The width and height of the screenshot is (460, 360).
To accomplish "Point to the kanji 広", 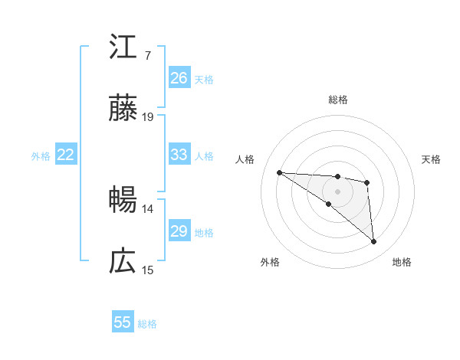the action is click(123, 262).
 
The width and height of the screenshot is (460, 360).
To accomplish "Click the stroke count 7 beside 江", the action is click(147, 56).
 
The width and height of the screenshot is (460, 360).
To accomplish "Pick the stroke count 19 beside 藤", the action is click(148, 117).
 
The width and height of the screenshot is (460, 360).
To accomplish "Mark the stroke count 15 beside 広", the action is click(148, 270).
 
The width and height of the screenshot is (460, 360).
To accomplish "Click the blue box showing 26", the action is click(179, 78).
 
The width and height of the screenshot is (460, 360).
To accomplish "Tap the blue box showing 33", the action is click(179, 155).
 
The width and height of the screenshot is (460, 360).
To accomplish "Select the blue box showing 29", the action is click(179, 231).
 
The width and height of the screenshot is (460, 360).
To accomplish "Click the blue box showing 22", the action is click(66, 155).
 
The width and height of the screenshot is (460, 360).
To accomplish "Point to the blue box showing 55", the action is click(123, 322).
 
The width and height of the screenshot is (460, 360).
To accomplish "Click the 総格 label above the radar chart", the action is click(338, 100).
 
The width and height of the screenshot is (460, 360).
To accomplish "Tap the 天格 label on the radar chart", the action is click(431, 159).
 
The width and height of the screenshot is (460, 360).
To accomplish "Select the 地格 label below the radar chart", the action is click(402, 263).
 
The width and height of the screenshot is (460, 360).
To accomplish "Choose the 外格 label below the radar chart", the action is click(270, 263).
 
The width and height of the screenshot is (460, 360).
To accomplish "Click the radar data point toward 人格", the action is click(280, 172).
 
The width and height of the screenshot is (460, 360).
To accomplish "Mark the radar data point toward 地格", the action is click(373, 242).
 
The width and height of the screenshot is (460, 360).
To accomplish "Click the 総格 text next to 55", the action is click(147, 324).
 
